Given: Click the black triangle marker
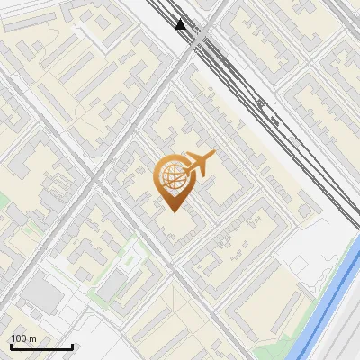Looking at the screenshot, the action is click(181, 24).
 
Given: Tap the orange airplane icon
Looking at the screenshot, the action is click(197, 164).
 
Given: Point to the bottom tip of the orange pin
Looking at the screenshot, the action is click(172, 211).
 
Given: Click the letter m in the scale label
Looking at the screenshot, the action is click(33, 338).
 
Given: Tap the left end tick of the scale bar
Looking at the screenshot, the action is click(11, 345).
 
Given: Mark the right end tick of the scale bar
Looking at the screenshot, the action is click(72, 345).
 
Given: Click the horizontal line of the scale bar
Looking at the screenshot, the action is click(41, 346).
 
